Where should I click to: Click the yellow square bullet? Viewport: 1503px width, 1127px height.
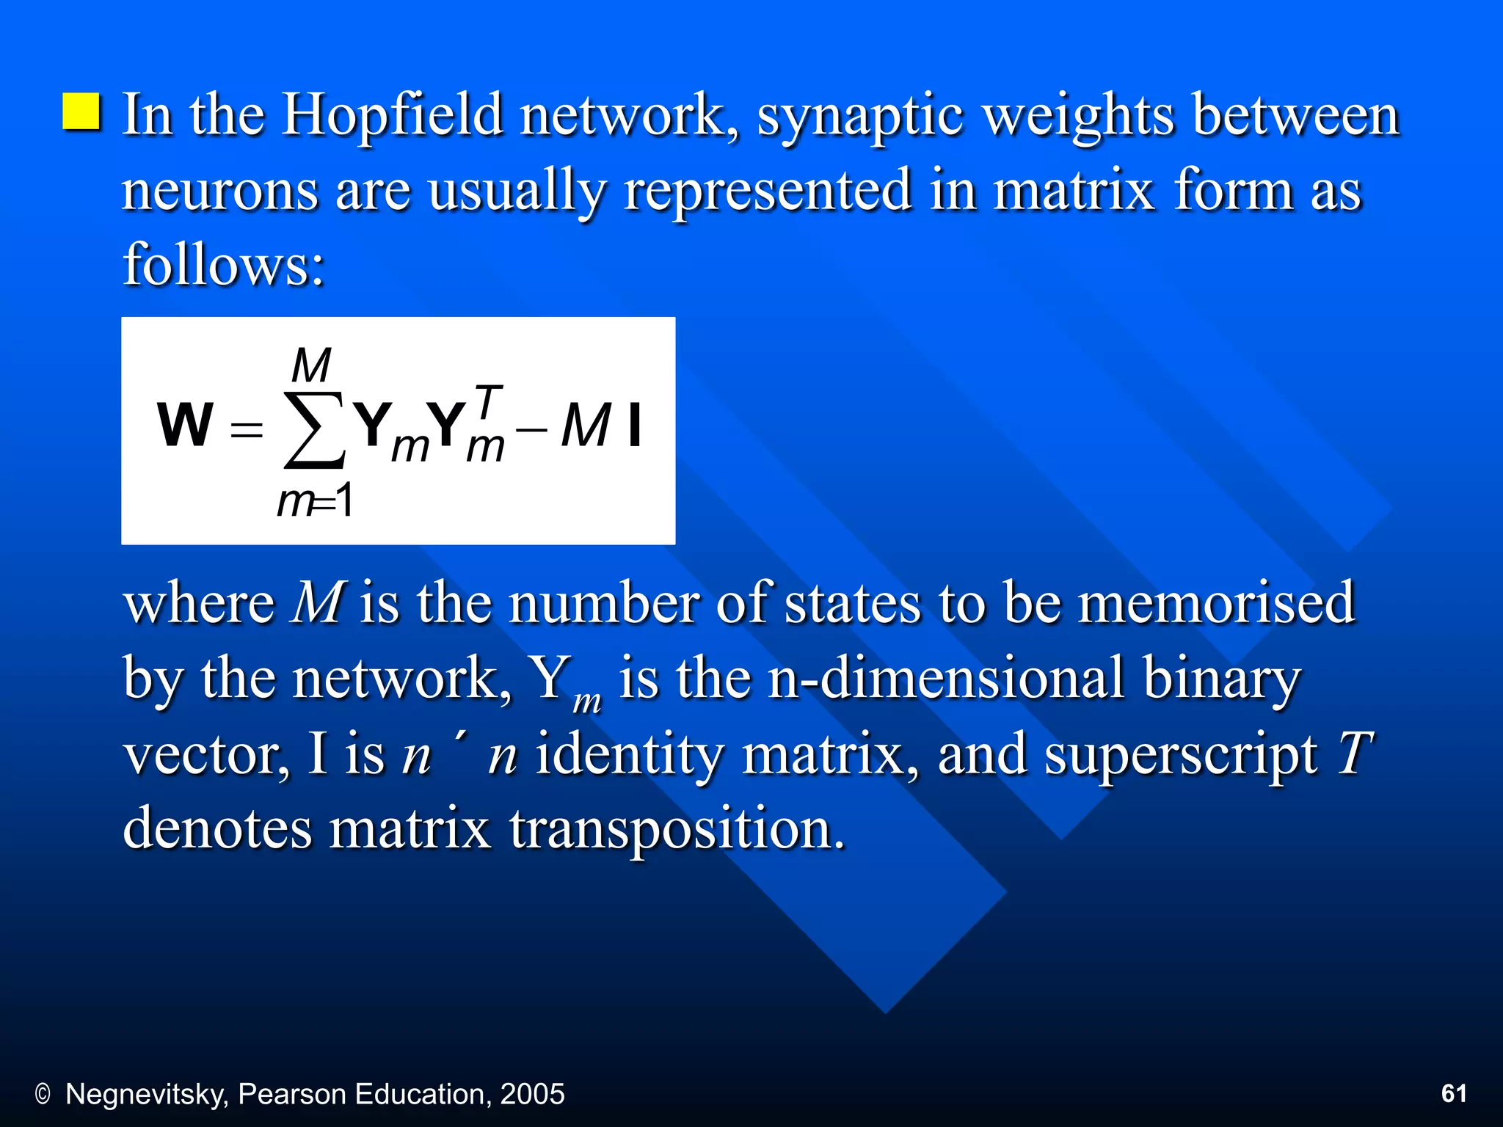coord(81,112)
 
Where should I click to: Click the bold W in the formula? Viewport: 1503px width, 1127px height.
coord(185,425)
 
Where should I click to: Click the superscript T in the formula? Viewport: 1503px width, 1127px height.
coord(488,401)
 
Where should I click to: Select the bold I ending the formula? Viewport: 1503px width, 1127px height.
coord(635,426)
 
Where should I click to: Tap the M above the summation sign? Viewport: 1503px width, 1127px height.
coord(311,365)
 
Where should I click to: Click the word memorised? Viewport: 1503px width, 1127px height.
coord(1215,602)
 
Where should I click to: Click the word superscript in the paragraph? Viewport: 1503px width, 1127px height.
coord(1180,756)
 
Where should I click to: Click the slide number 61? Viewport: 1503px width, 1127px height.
coord(1454,1093)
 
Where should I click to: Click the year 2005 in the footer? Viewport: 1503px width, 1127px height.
coord(532,1094)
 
